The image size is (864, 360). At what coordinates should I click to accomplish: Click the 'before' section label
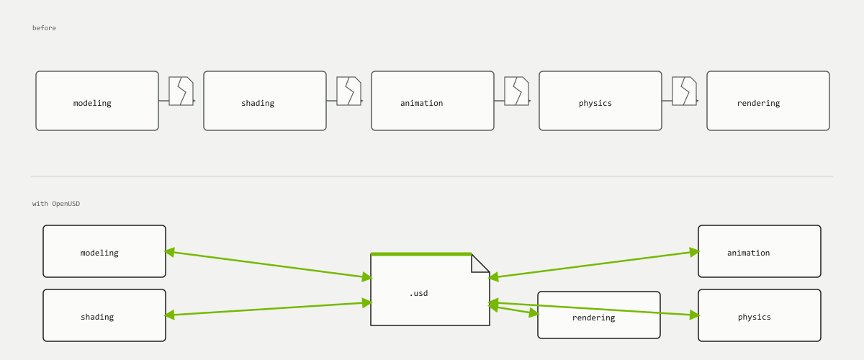(44, 28)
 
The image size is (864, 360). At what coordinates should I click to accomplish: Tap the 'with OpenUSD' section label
(56, 203)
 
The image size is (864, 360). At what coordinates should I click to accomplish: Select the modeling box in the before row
(97, 101)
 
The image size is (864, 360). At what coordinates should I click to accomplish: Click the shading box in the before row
(265, 101)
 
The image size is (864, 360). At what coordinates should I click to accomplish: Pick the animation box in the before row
(433, 101)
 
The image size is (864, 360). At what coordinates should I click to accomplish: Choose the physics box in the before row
(600, 101)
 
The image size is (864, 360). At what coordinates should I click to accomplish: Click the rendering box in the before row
(768, 101)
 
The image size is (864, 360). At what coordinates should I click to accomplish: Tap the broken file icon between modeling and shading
(181, 91)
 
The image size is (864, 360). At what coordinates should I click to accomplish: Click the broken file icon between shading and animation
(349, 91)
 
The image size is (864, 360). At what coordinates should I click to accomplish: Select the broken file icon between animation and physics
(517, 91)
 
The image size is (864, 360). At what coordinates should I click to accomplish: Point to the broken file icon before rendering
(685, 91)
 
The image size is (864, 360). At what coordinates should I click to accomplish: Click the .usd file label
(418, 293)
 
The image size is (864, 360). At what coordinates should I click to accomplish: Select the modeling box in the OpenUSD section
(104, 251)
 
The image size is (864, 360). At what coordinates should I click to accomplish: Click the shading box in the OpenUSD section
(104, 315)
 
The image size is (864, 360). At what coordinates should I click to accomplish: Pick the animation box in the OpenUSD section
(760, 251)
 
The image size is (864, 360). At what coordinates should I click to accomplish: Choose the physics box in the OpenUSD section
(760, 315)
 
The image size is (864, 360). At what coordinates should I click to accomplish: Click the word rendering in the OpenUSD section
(593, 318)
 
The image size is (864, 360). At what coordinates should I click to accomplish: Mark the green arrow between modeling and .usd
(269, 265)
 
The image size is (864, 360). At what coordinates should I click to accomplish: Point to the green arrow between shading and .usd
(269, 309)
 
